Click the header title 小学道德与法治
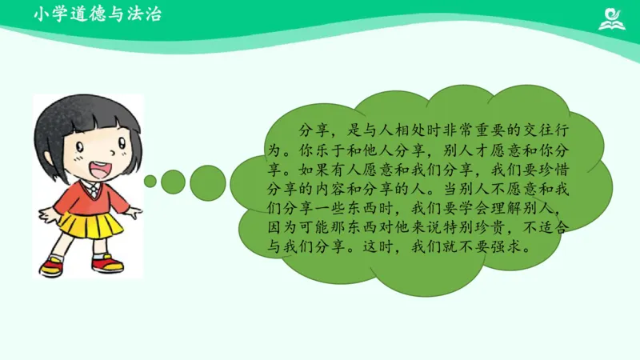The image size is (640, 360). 98,14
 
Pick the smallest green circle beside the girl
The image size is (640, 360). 150,182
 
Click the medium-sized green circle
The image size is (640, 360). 174,182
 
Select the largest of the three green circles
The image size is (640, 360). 206,181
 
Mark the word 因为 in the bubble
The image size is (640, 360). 277,228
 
